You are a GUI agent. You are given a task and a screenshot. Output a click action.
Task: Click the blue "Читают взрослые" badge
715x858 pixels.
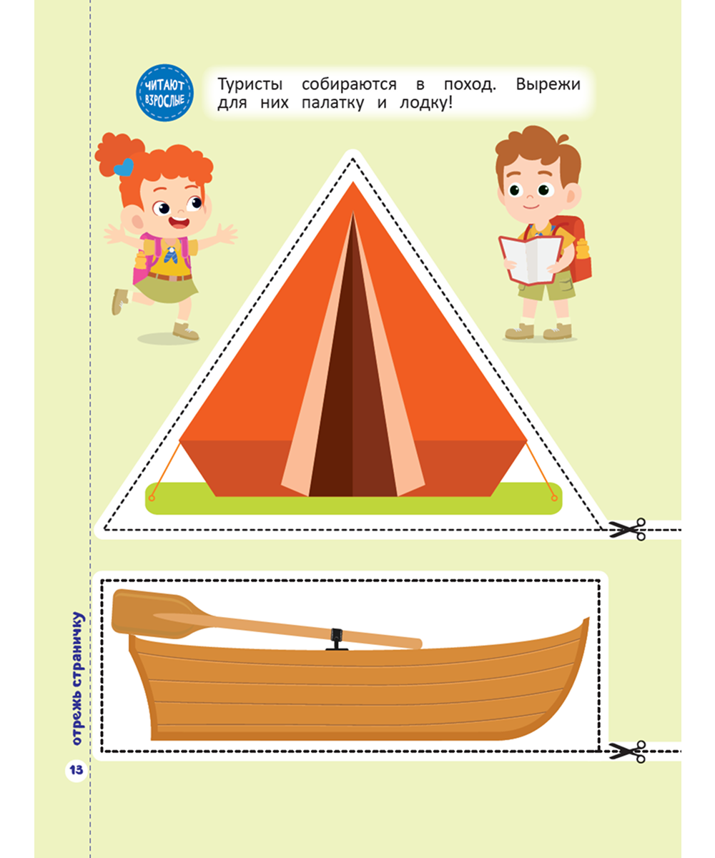click(x=164, y=93)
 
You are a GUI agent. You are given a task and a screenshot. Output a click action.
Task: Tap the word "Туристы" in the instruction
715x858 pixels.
click(x=250, y=84)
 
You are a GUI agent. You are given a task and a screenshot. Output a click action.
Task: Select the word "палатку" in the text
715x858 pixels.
click(x=332, y=103)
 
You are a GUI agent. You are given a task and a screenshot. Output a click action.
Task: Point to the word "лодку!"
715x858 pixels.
click(x=425, y=103)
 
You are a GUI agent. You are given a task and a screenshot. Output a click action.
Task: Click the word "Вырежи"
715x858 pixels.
click(x=548, y=84)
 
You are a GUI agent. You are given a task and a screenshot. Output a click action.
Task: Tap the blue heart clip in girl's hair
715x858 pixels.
click(x=124, y=167)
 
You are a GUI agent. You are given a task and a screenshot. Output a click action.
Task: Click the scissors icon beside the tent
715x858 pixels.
click(x=627, y=529)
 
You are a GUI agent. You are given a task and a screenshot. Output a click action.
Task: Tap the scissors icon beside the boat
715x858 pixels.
click(x=627, y=751)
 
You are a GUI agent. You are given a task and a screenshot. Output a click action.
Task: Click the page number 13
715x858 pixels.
click(x=77, y=769)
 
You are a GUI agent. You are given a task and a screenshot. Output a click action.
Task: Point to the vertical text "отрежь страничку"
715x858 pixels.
click(x=77, y=679)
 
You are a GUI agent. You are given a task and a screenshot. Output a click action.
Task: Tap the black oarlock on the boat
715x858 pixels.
click(x=337, y=639)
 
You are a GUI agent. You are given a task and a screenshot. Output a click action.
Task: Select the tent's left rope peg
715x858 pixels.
click(x=152, y=498)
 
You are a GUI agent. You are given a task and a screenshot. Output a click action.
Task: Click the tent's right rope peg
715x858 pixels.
click(x=554, y=498)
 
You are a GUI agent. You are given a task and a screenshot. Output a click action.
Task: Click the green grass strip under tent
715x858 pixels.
click(x=353, y=506)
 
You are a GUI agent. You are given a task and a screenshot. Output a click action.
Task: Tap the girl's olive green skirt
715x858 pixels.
click(x=166, y=289)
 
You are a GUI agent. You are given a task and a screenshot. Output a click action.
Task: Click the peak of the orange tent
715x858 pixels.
click(x=352, y=182)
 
